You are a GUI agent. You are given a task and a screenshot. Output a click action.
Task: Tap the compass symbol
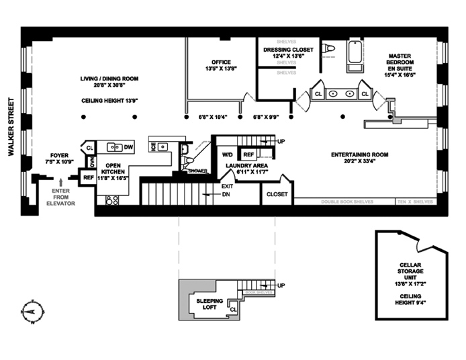(x=31, y=312)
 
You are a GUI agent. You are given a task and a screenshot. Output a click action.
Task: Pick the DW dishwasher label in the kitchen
(x=128, y=147)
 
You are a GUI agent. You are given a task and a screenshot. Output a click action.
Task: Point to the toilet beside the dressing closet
(x=328, y=48)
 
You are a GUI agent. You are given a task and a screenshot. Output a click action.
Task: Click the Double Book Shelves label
(x=344, y=201)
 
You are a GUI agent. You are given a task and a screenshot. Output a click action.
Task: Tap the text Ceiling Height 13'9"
(x=111, y=101)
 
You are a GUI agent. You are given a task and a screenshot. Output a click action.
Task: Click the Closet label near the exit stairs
(x=277, y=194)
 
